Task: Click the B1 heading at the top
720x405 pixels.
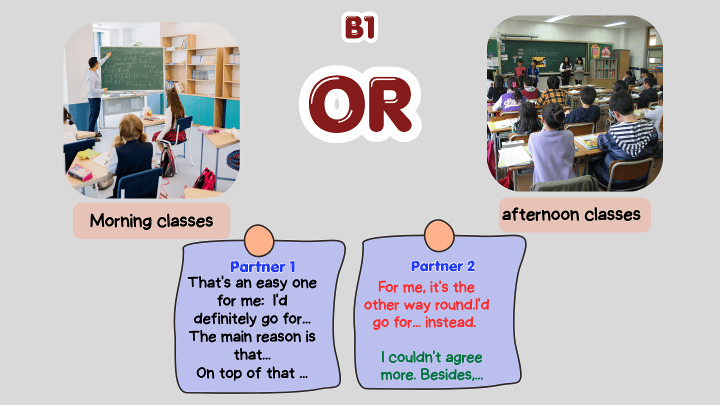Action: tap(359, 27)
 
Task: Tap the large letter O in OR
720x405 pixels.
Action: tap(337, 104)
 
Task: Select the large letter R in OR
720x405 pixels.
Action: tap(390, 104)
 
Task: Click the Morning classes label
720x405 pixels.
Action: tap(151, 221)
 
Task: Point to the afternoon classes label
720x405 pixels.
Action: tap(571, 214)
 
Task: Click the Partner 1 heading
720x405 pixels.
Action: tap(262, 267)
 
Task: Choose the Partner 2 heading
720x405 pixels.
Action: tap(443, 266)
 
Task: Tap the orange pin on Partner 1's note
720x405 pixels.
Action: tap(259, 240)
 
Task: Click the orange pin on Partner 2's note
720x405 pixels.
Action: tap(439, 235)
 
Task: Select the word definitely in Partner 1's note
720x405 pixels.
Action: tap(225, 319)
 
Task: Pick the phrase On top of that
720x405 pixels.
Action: tap(245, 373)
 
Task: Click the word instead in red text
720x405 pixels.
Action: tap(450, 322)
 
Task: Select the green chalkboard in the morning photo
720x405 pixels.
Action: tap(132, 69)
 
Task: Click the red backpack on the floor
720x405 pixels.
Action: tap(205, 179)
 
